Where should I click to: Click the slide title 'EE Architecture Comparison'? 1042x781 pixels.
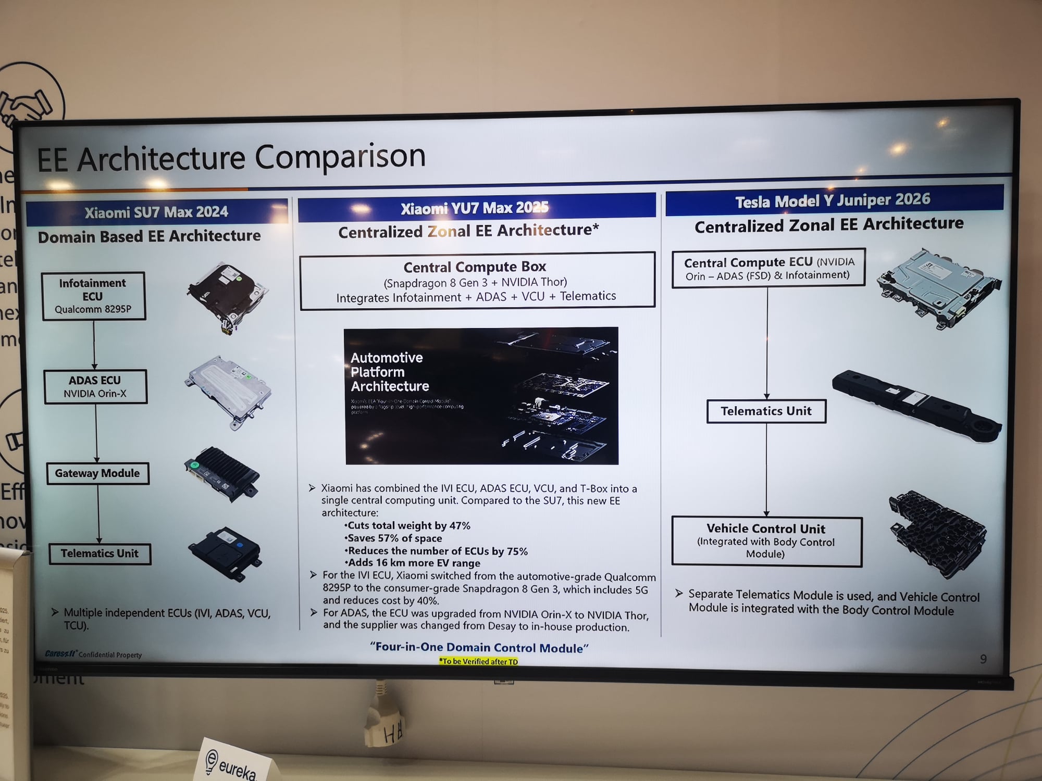coord(231,157)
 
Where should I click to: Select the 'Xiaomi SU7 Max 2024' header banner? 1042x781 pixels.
coord(156,212)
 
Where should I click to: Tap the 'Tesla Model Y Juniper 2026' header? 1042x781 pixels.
coord(833,200)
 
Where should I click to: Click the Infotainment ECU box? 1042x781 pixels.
coord(93,296)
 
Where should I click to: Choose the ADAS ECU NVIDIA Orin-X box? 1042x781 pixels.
coord(95,387)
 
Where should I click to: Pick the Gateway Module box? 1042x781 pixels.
coord(97,473)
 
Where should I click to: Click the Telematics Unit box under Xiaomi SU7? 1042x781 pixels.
coord(100,553)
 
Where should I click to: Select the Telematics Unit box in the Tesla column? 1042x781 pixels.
coord(766,411)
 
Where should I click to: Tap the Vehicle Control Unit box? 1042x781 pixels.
coord(766,541)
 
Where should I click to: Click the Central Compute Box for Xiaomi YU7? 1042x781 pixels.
coord(476,281)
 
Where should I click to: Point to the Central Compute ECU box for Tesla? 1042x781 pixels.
coord(768,268)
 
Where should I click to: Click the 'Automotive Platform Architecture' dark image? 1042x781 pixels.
coord(481,396)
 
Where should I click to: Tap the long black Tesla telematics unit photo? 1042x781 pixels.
coord(916,405)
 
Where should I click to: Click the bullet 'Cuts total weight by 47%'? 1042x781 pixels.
coord(408,526)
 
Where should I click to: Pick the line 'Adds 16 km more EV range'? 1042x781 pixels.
coord(413,563)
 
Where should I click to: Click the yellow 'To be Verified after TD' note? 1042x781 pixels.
coord(479,661)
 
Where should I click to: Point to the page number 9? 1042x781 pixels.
coord(983,659)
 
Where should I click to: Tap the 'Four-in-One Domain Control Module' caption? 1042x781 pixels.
coord(479,648)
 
